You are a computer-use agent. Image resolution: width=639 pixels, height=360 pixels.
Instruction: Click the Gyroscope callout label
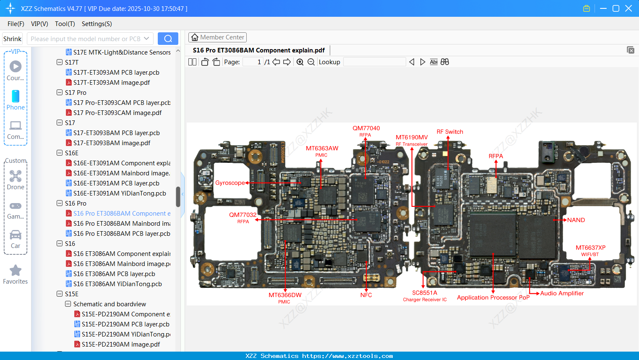pyautogui.click(x=230, y=183)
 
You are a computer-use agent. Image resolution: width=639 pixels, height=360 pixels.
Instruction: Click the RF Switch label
pyautogui.click(x=450, y=132)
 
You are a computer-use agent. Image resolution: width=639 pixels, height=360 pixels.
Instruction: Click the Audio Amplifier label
pyautogui.click(x=562, y=293)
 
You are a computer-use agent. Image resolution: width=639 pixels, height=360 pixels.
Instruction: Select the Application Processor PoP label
pyautogui.click(x=493, y=297)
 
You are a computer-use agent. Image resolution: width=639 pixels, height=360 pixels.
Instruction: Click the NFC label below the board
pyautogui.click(x=366, y=295)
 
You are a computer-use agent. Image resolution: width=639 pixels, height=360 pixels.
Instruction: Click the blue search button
pyautogui.click(x=168, y=39)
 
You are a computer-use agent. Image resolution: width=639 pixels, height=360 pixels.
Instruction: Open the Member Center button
pyautogui.click(x=217, y=37)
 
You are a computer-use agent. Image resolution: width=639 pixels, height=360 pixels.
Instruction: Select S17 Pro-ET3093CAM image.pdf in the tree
pyautogui.click(x=117, y=112)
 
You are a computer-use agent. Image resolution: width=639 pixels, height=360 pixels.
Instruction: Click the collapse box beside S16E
pyautogui.click(x=60, y=153)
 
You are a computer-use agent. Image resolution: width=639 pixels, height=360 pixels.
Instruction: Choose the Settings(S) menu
pyautogui.click(x=97, y=24)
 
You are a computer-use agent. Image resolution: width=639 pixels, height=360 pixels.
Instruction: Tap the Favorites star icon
pyautogui.click(x=16, y=271)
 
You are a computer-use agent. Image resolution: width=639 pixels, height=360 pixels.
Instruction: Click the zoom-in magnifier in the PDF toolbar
pyautogui.click(x=300, y=62)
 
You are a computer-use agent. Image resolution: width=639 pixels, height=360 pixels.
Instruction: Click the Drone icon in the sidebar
pyautogui.click(x=16, y=176)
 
